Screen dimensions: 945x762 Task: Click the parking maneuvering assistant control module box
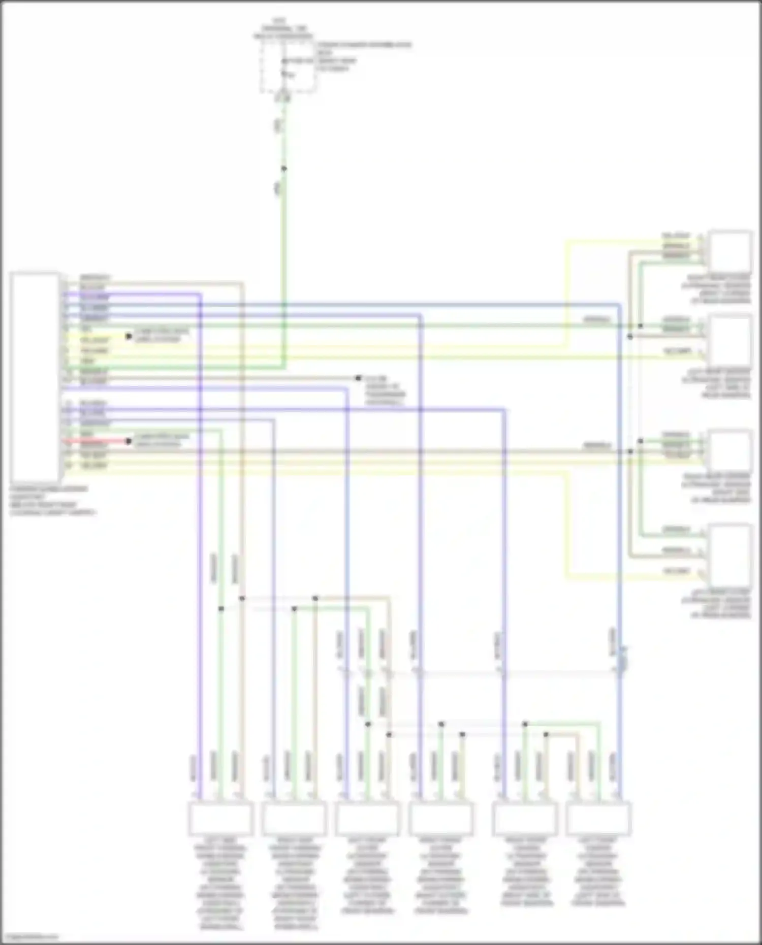(35, 377)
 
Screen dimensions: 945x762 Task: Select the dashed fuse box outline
(288, 67)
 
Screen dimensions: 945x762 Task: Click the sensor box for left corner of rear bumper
(730, 556)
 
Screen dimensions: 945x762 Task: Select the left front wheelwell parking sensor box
(220, 818)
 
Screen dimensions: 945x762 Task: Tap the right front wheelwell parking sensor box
(294, 818)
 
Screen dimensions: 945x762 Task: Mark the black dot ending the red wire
(129, 441)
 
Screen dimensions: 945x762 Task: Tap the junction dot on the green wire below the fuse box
(284, 169)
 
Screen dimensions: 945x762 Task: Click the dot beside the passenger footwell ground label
(358, 378)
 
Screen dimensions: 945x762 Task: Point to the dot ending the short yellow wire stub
(129, 336)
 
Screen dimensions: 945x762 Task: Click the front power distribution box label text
(364, 56)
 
